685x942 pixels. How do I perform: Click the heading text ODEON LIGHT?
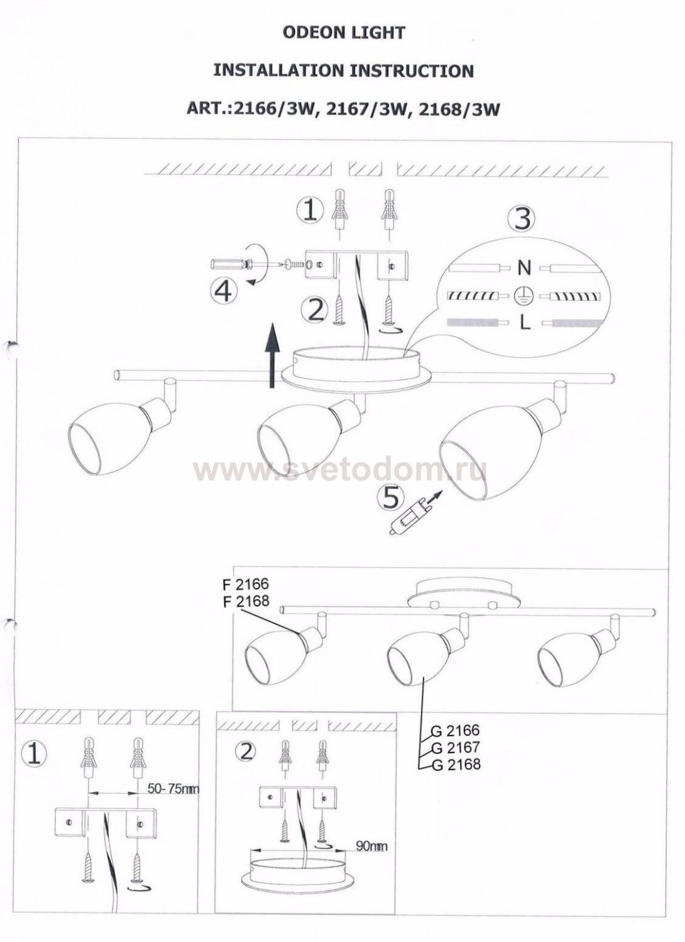[x=344, y=33]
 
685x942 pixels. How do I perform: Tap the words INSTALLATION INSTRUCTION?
[x=343, y=70]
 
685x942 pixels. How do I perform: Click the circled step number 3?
[x=522, y=219]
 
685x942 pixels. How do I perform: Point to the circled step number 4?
[x=222, y=291]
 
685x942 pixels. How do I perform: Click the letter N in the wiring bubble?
[x=524, y=268]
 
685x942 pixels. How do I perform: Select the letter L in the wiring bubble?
[x=525, y=323]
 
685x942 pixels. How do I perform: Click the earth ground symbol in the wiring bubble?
[x=524, y=295]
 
